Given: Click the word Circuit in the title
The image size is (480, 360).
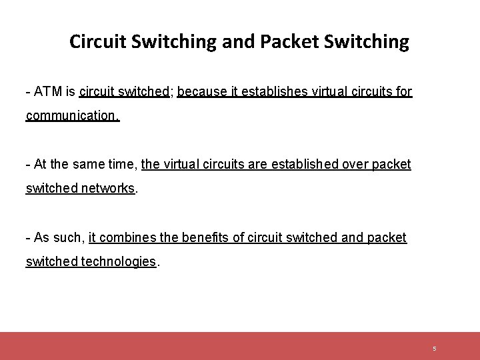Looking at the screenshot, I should coord(98,42).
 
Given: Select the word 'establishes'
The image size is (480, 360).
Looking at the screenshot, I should coord(269,91).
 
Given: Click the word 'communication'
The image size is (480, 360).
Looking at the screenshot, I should coord(71,115).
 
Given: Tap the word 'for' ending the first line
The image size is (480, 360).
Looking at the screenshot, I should coord(404,91).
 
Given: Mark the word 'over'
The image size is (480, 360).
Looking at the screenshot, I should coord(357,164).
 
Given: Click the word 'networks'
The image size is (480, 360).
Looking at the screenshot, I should coord(108,188).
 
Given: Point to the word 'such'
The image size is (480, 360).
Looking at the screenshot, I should coord(67,237).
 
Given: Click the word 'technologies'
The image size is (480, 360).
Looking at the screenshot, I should coord(118,261).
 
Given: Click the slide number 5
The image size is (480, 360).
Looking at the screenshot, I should coord(434,348).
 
